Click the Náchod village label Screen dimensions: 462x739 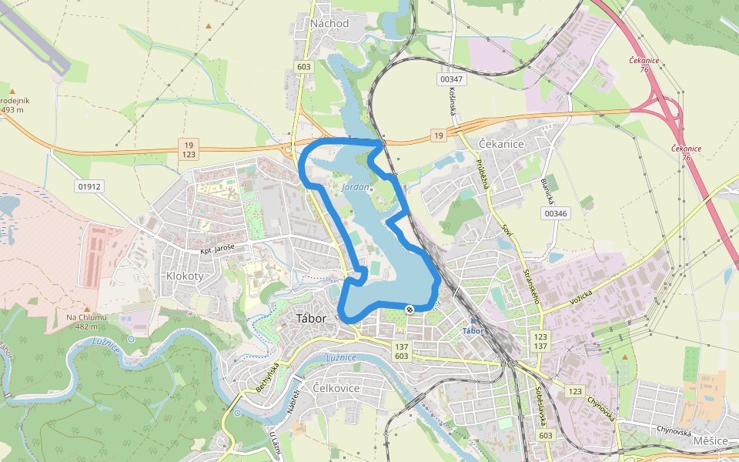coord(329,23)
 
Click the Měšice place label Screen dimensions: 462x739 coord(709,440)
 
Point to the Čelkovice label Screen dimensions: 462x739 coord(337,388)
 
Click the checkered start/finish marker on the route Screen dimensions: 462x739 coord(410,310)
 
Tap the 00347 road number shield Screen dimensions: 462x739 coord(451,79)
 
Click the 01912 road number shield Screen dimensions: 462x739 coord(89,186)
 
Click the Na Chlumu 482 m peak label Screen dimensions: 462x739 coord(86,321)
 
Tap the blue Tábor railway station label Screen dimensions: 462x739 coord(472,331)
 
